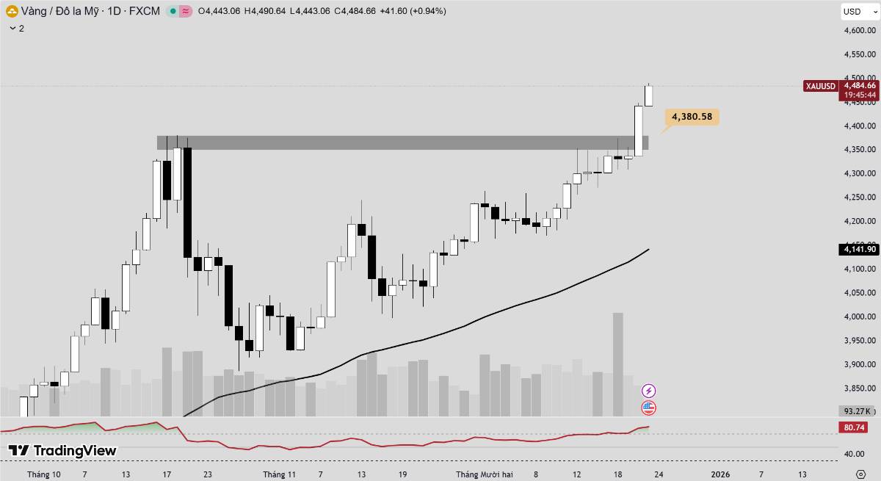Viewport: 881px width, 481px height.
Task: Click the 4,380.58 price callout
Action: coord(692,117)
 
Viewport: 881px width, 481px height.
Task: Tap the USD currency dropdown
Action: coord(856,11)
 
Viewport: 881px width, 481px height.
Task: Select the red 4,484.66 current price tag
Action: coord(860,85)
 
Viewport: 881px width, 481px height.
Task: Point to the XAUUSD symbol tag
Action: coord(820,86)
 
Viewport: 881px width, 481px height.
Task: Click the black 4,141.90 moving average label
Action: coord(860,250)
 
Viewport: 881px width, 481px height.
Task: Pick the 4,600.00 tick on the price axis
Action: coord(860,31)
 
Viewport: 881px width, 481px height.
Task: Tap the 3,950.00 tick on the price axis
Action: coord(860,341)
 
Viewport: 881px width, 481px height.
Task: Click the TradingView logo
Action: coord(62,450)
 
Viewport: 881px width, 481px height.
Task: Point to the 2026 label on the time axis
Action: coord(720,474)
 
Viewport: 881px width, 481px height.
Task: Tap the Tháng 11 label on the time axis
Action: coord(279,474)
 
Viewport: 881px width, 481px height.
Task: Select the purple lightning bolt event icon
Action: coord(648,391)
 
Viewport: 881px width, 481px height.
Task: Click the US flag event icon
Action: coord(648,408)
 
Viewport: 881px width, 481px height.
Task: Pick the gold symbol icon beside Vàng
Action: coord(12,11)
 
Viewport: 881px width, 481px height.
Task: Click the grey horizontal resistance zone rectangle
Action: coord(402,142)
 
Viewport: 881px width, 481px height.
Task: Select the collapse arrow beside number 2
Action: coord(12,28)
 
